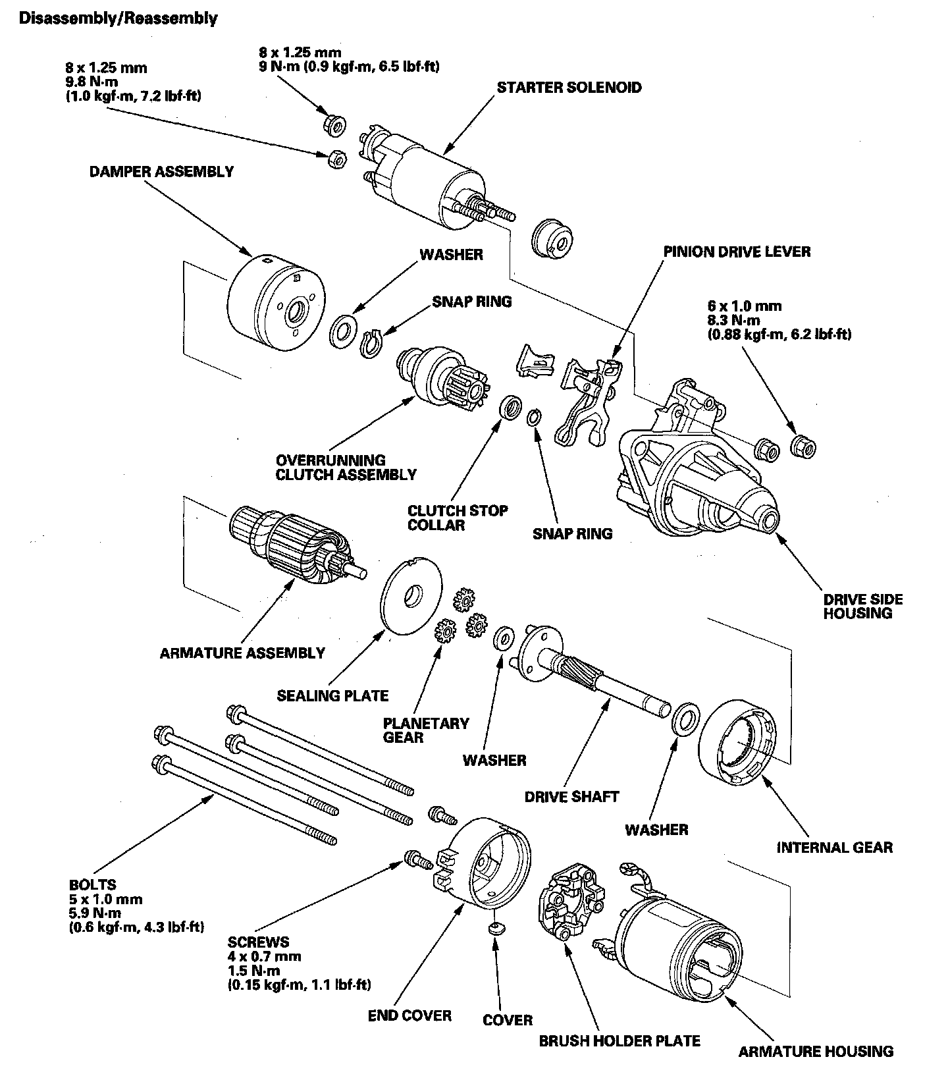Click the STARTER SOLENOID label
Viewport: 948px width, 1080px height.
tap(569, 88)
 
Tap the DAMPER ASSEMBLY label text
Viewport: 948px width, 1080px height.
tap(161, 172)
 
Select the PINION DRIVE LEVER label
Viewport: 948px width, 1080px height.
tap(737, 252)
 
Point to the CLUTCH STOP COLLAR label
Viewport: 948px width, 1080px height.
tap(458, 518)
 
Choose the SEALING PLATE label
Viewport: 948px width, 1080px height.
tap(332, 695)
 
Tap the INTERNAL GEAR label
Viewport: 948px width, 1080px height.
tap(834, 847)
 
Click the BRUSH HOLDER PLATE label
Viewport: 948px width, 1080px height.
tap(619, 1041)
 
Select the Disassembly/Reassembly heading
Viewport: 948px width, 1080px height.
tap(118, 18)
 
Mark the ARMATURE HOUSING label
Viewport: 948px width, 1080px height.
tap(816, 1051)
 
